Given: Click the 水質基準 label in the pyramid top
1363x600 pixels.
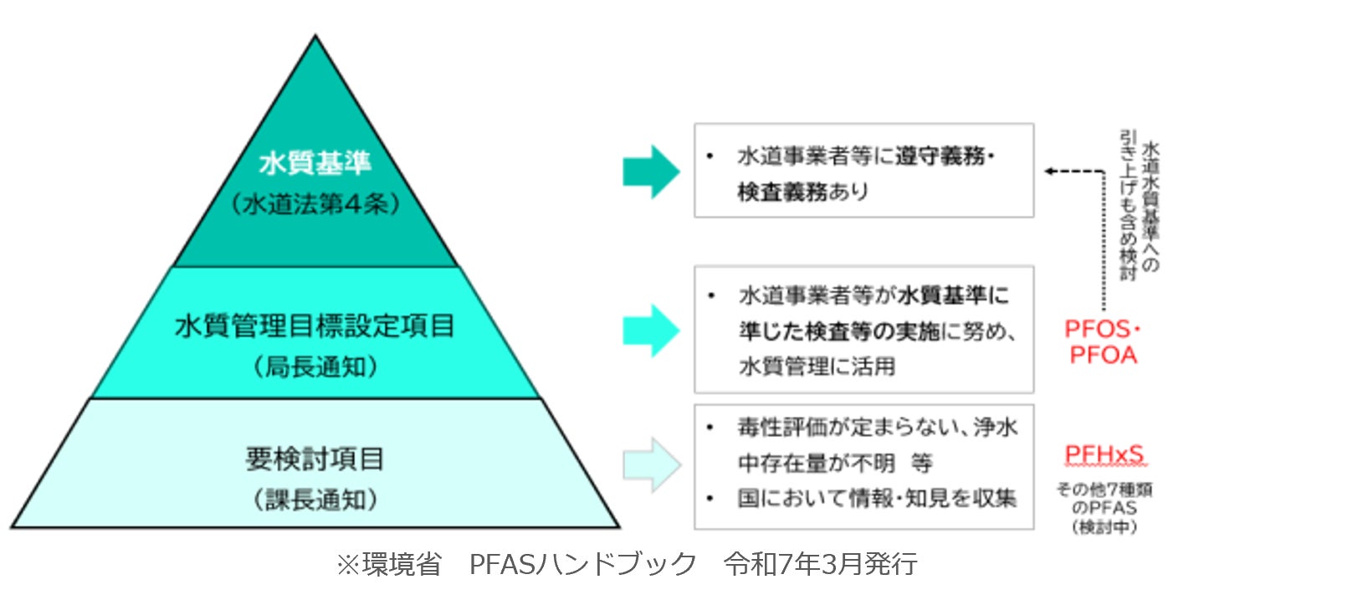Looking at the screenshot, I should (315, 162).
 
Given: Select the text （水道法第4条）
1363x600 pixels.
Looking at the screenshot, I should (315, 203).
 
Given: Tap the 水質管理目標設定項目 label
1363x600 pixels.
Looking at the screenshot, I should (315, 326).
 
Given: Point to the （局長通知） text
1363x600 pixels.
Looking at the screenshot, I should (315, 366).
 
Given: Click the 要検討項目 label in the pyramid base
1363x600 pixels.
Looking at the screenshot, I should (315, 459).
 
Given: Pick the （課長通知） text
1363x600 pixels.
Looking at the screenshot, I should (315, 500).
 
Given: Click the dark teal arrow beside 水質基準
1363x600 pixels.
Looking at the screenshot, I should (651, 172).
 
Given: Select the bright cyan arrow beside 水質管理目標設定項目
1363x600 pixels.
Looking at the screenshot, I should (651, 331).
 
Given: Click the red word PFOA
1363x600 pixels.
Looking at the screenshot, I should (1103, 355).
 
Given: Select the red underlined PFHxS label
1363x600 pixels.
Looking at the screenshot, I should (1104, 454).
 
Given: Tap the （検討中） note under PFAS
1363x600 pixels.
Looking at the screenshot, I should (1104, 527).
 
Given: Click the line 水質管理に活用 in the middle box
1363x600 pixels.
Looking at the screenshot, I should (817, 366).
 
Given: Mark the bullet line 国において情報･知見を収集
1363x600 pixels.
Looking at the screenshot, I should (876, 499).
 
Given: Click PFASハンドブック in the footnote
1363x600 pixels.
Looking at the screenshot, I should (582, 564).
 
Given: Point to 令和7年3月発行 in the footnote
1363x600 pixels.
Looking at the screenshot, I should (821, 564).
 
